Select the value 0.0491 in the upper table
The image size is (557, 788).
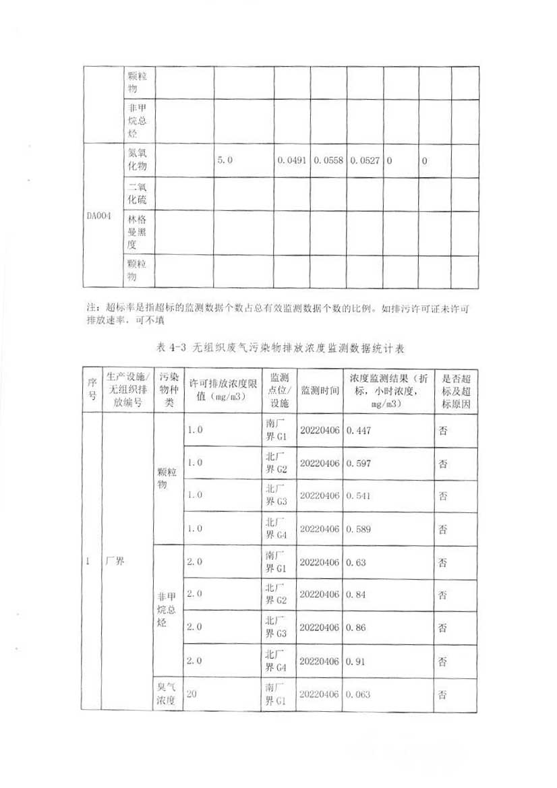292,161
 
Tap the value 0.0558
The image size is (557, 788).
328,161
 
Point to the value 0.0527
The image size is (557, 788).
365,161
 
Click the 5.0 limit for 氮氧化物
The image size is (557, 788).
225,161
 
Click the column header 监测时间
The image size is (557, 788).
320,391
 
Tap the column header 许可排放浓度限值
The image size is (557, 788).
222,391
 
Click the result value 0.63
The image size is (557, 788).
355,562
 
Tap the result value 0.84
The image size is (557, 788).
355,595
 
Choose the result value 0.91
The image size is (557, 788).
355,661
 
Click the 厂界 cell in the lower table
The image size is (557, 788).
115,562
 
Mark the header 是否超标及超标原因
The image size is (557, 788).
455,391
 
